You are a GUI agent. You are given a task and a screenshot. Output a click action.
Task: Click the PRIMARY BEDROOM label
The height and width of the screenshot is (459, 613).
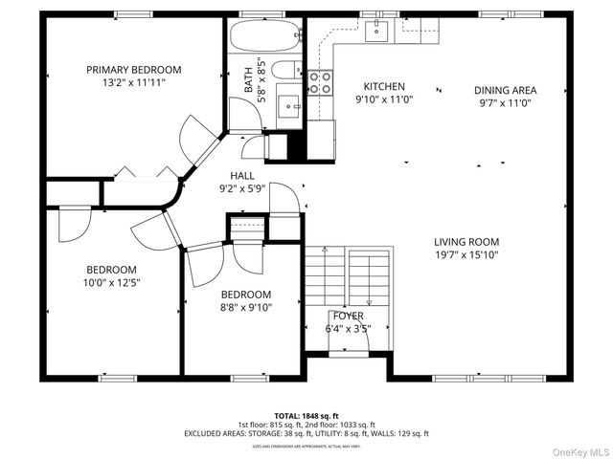click(x=133, y=70)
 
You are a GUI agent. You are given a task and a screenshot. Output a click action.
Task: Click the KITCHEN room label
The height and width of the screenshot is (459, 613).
click(x=382, y=86)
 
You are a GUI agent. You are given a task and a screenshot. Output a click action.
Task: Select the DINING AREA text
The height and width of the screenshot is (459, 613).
click(x=505, y=91)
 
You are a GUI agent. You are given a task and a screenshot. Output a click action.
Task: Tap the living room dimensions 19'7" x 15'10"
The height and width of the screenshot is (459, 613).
click(x=466, y=254)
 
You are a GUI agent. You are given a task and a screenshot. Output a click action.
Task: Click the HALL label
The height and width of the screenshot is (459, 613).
click(x=241, y=176)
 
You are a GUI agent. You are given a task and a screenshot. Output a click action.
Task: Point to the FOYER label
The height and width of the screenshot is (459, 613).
click(x=348, y=316)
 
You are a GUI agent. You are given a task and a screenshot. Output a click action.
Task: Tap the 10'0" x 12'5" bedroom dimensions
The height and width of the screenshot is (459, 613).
click(x=112, y=282)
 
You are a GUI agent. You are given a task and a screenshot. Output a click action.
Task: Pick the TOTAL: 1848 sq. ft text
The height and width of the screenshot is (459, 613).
click(x=306, y=415)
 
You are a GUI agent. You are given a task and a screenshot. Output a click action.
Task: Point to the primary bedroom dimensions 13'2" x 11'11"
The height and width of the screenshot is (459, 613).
click(x=133, y=83)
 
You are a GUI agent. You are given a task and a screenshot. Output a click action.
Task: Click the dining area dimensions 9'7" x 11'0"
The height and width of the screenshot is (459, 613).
click(x=505, y=103)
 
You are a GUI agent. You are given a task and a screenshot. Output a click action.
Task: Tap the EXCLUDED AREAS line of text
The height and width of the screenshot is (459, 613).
click(x=306, y=433)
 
